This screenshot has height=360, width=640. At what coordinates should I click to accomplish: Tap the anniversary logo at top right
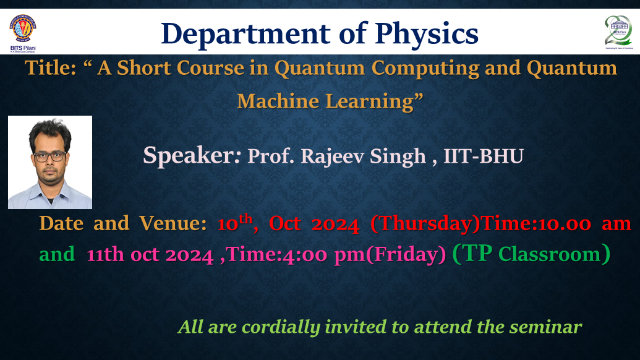coord(618,31)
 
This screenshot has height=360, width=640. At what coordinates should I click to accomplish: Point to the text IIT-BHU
coord(484,156)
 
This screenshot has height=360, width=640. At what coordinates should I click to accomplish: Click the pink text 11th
coord(106,254)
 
